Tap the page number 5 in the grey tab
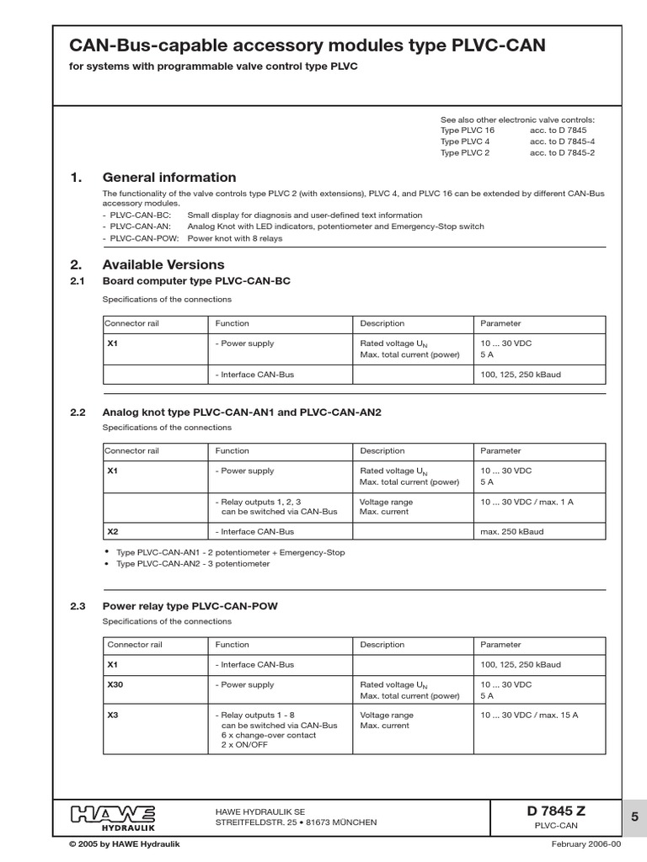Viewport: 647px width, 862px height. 634,816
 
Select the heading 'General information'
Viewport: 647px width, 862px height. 168,178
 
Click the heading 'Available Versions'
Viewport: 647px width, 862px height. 163,265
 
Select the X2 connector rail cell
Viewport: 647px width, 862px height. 112,532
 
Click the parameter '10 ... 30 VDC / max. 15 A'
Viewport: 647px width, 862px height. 529,715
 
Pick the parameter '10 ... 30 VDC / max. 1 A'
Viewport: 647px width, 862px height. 527,502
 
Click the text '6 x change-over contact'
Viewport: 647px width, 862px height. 268,735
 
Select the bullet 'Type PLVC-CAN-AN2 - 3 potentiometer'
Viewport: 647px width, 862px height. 188,563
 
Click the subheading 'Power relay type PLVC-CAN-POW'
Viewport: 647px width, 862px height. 190,605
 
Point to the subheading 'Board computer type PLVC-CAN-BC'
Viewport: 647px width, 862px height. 195,281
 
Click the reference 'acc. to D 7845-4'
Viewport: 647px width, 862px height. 563,142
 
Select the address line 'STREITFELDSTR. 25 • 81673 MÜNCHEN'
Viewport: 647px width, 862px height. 297,822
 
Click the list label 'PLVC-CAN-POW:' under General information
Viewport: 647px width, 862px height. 140,238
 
